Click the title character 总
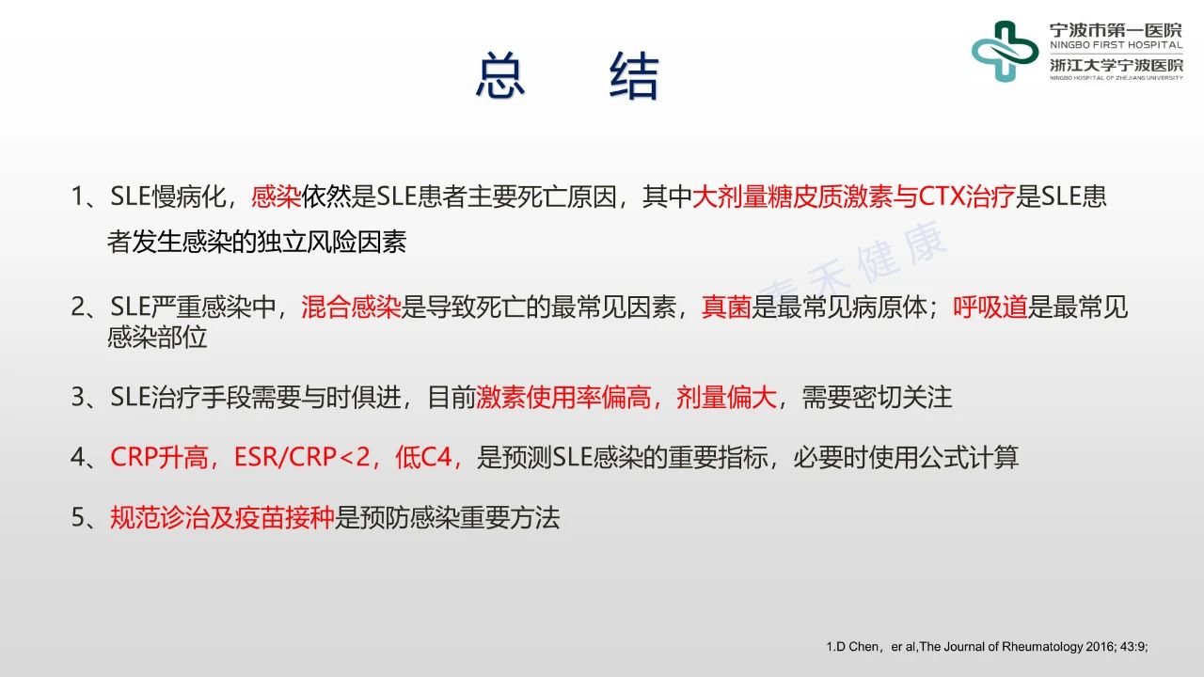500,76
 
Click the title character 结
634,76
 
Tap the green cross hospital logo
1005,52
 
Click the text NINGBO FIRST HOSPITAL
1117,45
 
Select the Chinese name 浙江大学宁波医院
1117,65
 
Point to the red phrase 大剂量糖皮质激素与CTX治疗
853,197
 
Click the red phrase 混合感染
351,307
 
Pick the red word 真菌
726,307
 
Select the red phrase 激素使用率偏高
563,398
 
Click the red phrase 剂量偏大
726,398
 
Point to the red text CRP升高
159,458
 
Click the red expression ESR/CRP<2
303,458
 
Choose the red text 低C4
423,458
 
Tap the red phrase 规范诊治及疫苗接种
222,518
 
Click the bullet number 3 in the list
78,398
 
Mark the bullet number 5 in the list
78,518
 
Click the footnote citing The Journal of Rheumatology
987,646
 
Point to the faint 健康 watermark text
902,251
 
